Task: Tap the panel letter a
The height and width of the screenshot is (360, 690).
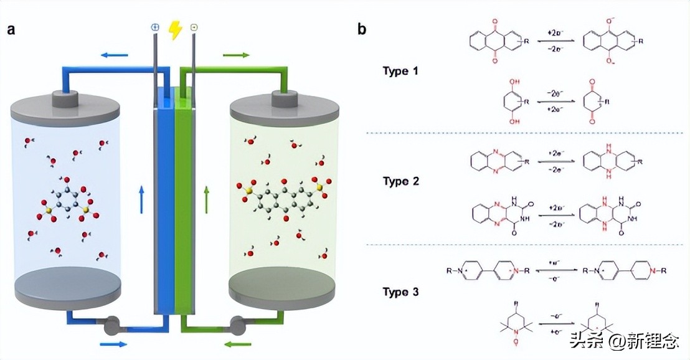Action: pyautogui.click(x=11, y=29)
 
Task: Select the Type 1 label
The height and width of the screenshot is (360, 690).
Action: pyautogui.click(x=400, y=71)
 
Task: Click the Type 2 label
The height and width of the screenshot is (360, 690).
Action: pyautogui.click(x=400, y=181)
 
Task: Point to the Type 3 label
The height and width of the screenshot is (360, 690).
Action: pyautogui.click(x=400, y=292)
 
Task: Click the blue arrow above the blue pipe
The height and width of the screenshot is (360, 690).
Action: pyautogui.click(x=114, y=55)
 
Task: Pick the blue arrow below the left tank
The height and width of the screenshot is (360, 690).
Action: pyautogui.click(x=113, y=343)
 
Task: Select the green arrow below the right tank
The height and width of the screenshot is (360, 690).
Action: pyautogui.click(x=238, y=343)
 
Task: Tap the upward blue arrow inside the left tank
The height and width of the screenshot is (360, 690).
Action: pyautogui.click(x=141, y=198)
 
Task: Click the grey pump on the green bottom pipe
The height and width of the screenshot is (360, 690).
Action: pyautogui.click(x=238, y=324)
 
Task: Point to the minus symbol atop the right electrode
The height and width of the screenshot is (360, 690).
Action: pyautogui.click(x=194, y=28)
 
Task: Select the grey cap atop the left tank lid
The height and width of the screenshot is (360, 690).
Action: pyautogui.click(x=65, y=98)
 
